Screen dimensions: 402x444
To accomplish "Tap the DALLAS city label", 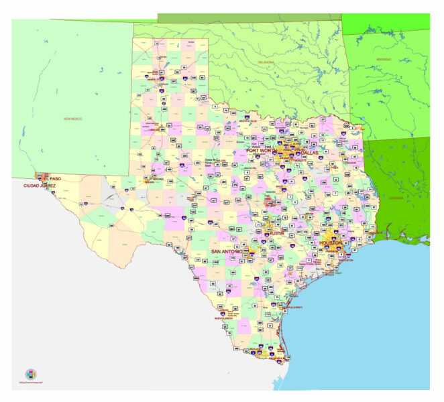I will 309,153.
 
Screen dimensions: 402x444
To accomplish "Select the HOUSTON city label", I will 331,243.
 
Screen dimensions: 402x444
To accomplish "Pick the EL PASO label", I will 52,179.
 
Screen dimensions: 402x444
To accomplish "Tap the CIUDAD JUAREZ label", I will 40,186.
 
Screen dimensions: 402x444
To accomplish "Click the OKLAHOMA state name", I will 267,62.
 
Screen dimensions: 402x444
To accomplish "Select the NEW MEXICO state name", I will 73,119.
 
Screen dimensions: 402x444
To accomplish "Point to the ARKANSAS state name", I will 384,59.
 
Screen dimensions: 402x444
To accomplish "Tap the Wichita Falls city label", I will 250,121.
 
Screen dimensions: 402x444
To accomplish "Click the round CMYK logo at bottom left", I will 30,374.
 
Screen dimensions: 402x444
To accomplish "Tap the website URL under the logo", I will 30,384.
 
